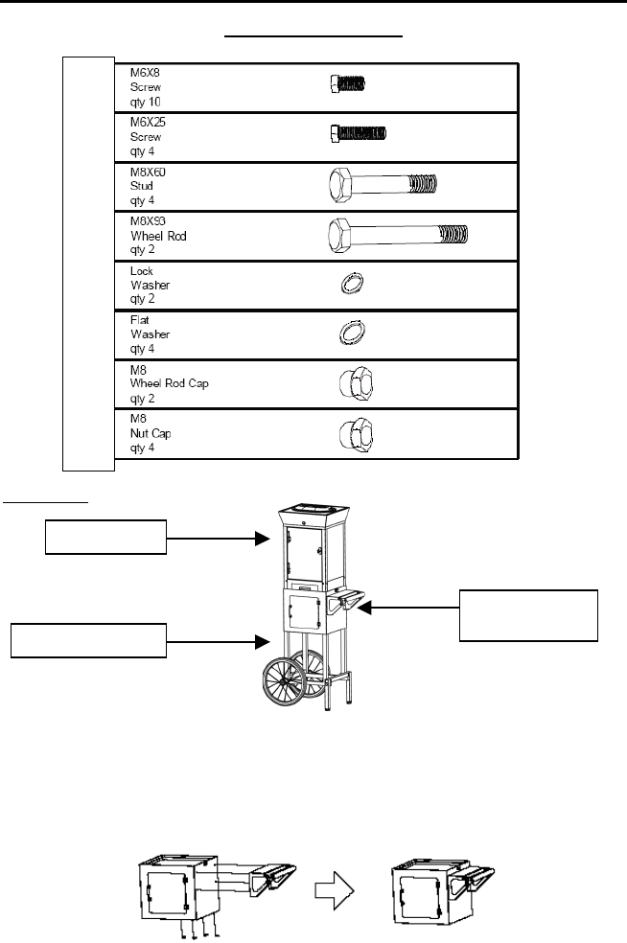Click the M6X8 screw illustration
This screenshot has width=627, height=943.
(x=343, y=84)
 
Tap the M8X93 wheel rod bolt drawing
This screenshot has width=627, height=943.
(x=398, y=233)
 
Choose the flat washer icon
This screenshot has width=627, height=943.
(x=353, y=333)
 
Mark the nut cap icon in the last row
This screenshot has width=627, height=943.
(x=353, y=434)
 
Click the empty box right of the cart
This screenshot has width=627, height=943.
(x=528, y=614)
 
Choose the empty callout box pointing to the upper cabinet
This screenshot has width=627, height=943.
(x=105, y=539)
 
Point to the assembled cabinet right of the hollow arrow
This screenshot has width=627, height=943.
(x=436, y=886)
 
